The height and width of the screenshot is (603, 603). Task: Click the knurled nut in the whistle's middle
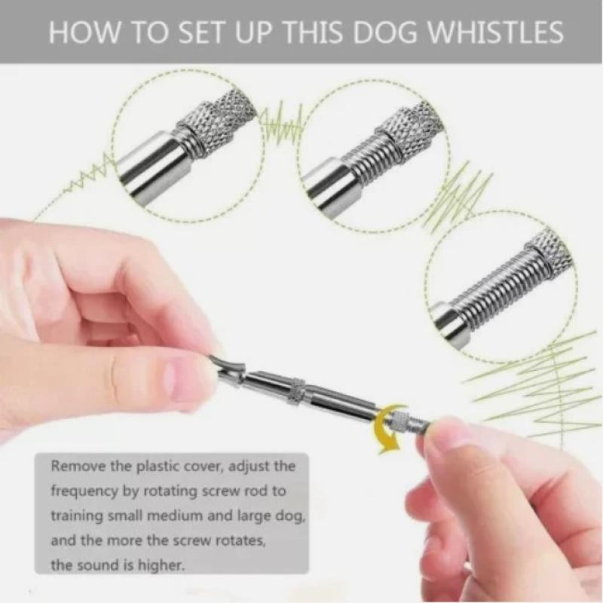[296, 389]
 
